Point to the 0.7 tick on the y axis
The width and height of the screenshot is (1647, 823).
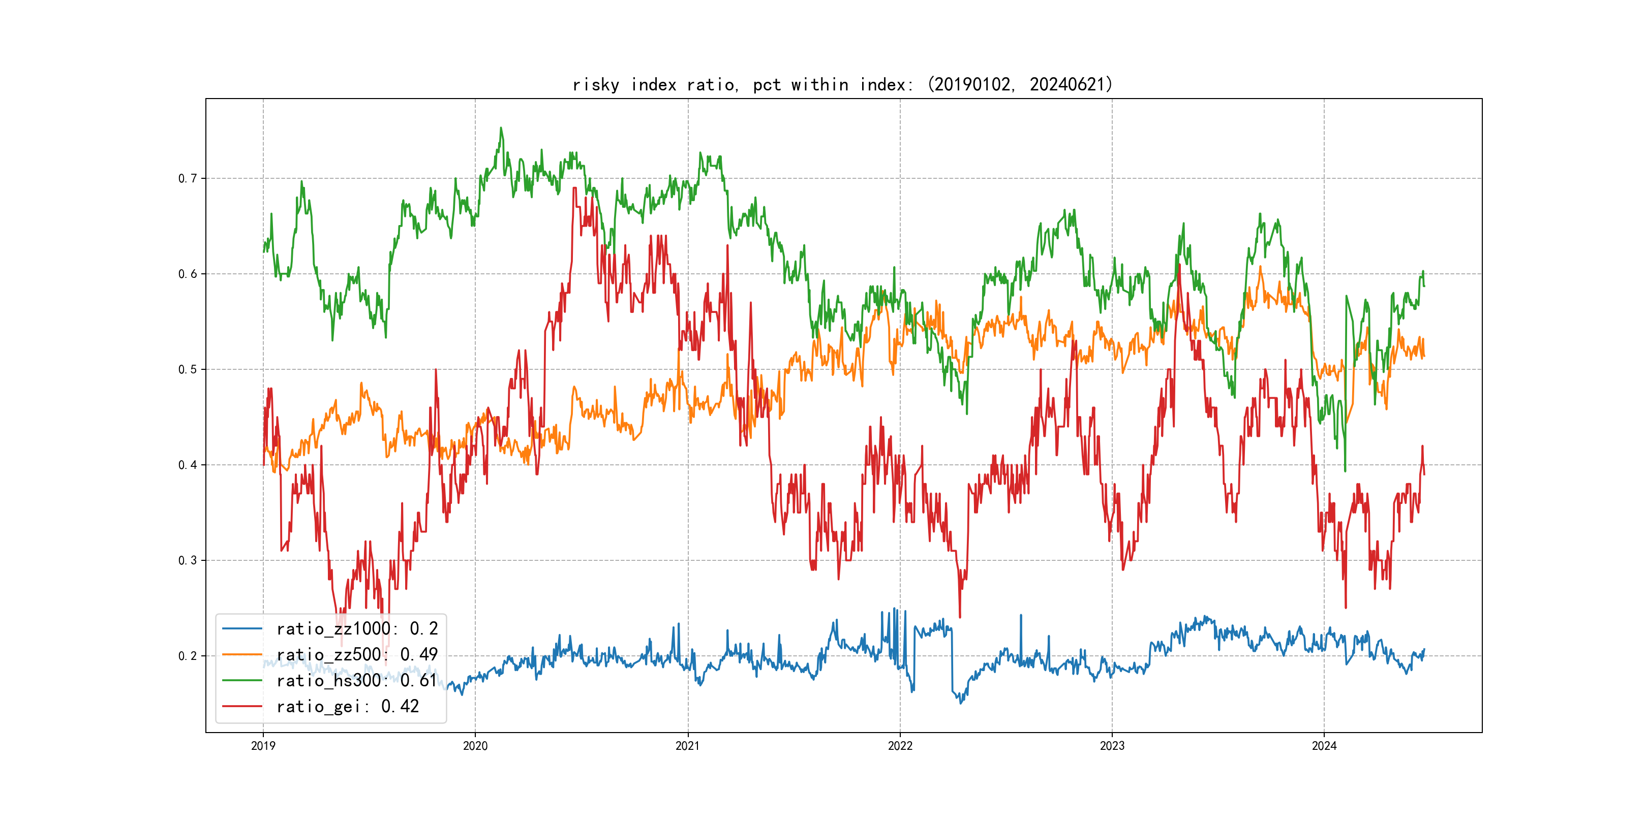(188, 178)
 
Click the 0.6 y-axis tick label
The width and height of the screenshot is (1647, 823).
(188, 274)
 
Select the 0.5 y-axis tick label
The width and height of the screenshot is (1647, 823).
(188, 369)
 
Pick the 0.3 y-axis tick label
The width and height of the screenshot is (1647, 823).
(188, 560)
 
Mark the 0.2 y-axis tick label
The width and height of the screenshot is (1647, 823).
(188, 655)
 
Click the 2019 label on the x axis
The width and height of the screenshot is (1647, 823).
(263, 746)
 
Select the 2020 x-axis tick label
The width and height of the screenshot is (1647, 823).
(475, 746)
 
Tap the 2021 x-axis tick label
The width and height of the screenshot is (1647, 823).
(688, 746)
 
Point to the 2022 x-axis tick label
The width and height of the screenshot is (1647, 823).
(900, 746)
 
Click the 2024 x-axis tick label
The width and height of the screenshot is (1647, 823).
(1324, 746)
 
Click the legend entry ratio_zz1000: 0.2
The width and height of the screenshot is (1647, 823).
(357, 629)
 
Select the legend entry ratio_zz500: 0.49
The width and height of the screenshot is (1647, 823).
(357, 655)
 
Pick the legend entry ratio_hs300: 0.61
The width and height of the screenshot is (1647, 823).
(357, 681)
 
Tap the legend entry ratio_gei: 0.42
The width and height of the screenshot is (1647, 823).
(347, 707)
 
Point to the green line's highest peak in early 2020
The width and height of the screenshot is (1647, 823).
(501, 128)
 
